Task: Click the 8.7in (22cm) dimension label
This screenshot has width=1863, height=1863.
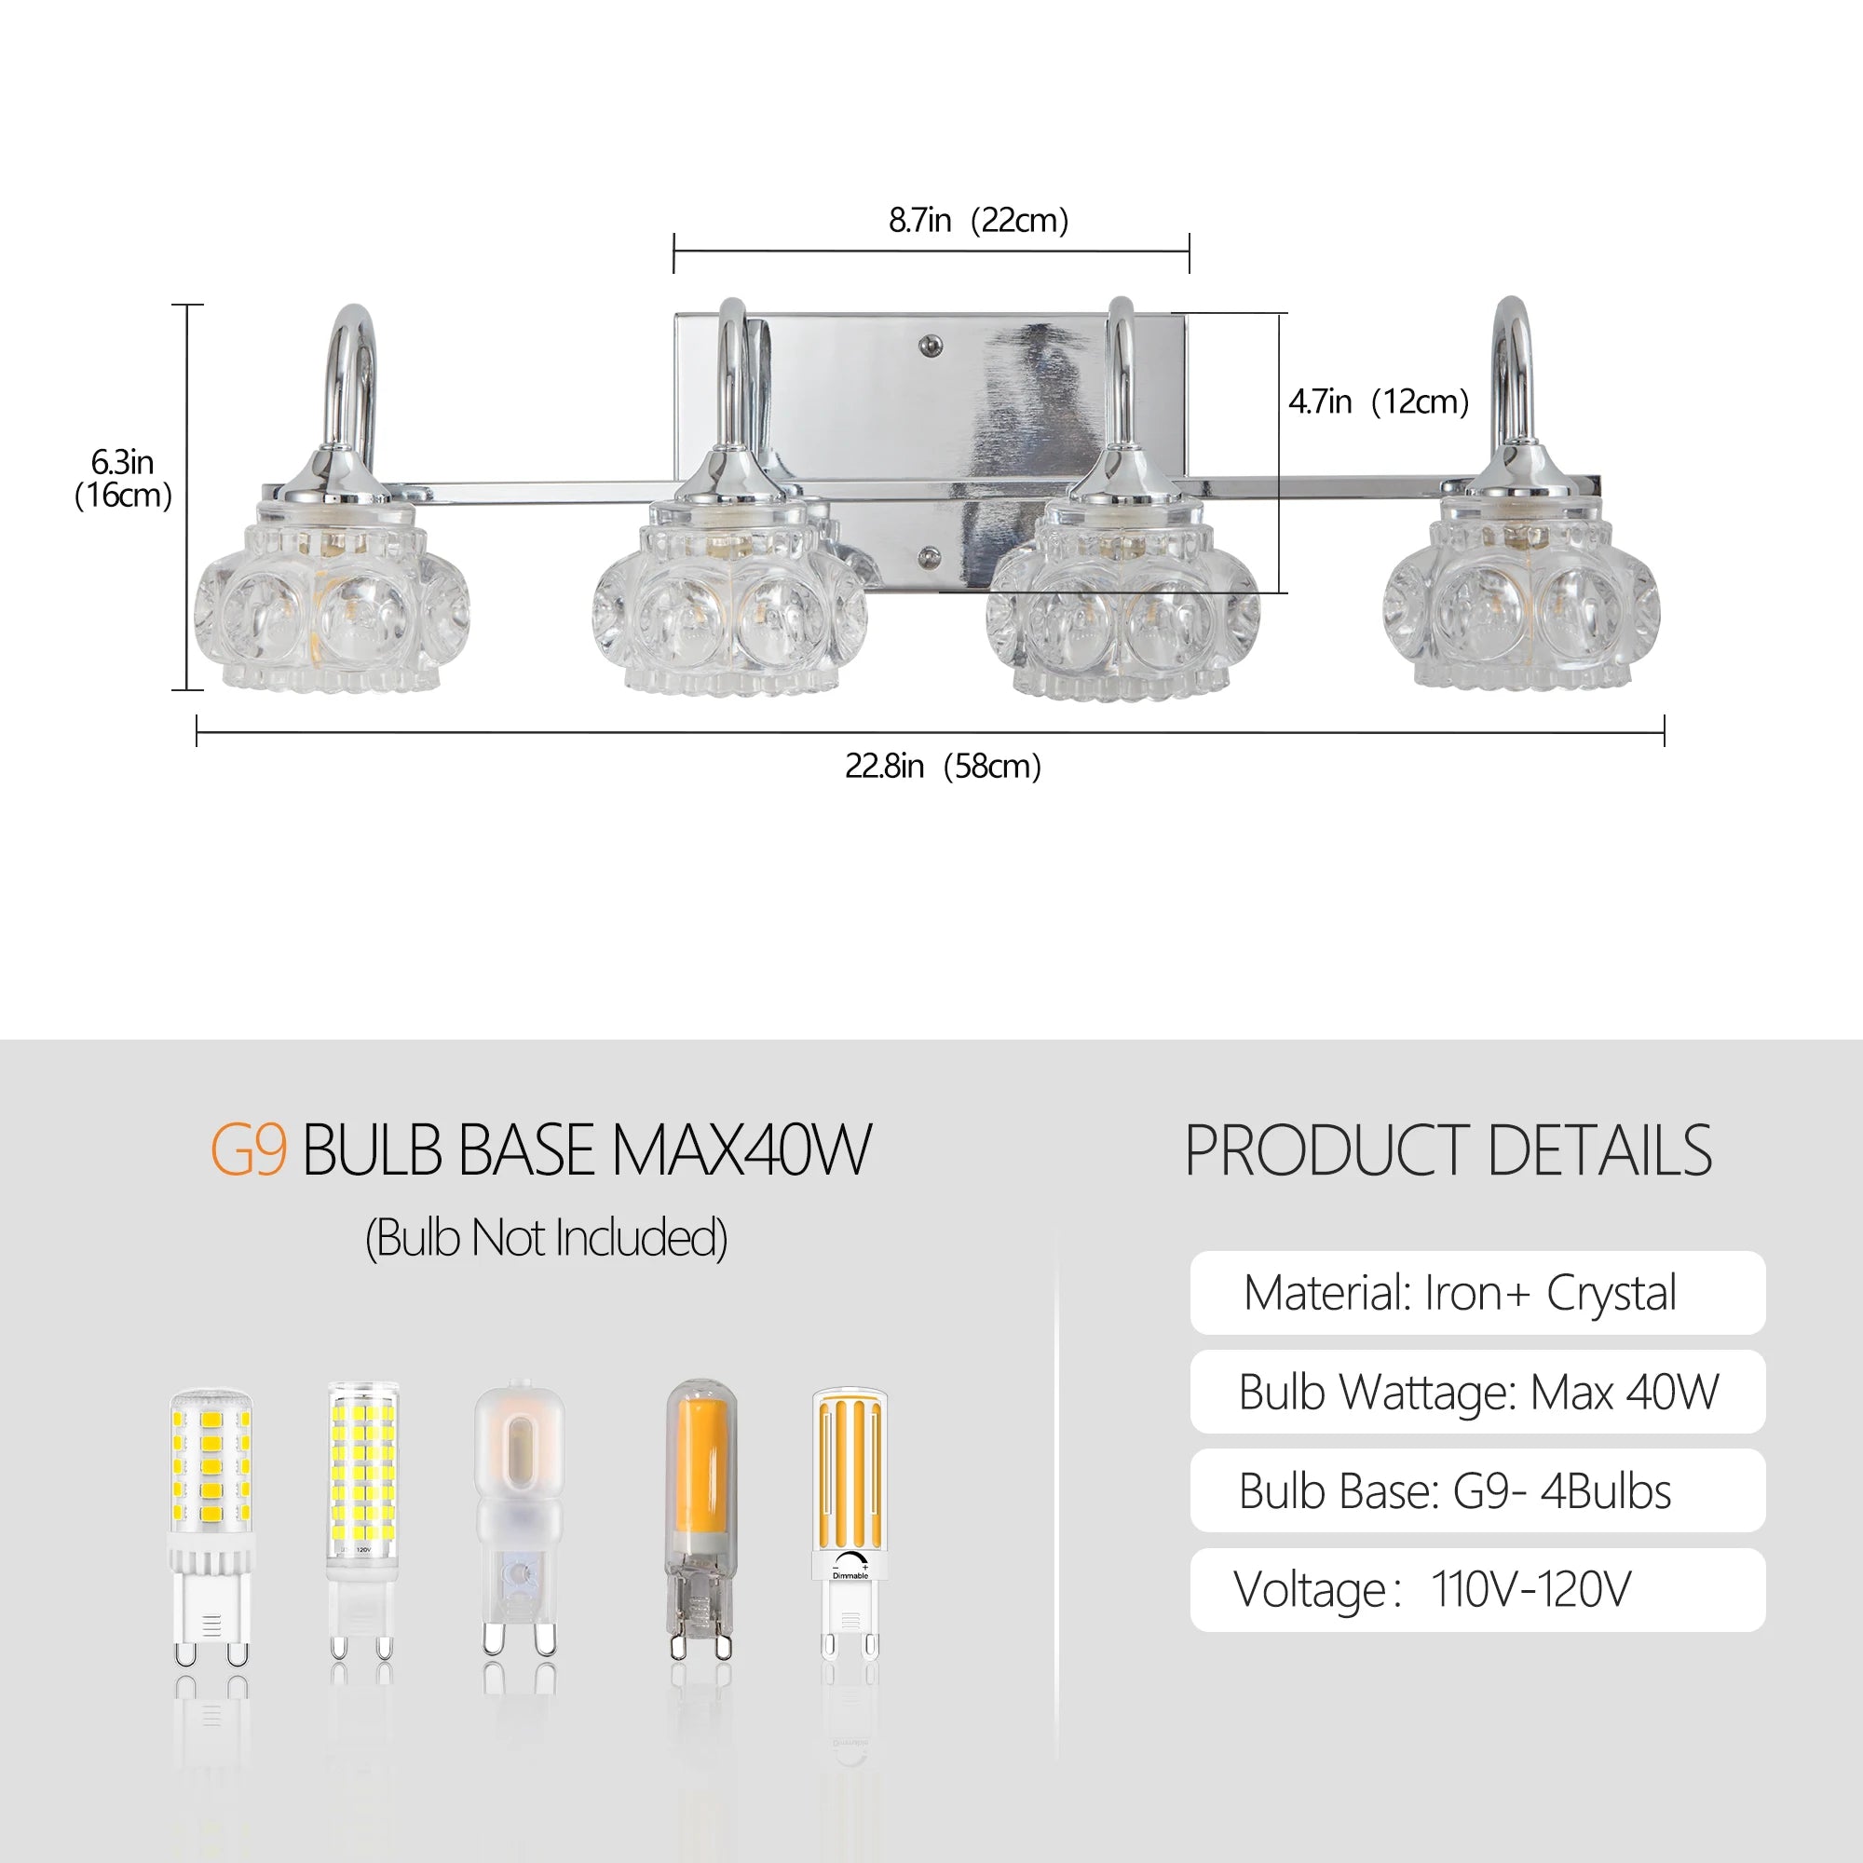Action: [978, 221]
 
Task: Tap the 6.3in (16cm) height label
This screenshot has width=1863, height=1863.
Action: [124, 478]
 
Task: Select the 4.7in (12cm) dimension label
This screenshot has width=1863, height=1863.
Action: [1379, 401]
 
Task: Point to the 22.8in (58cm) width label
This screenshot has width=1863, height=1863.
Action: [943, 766]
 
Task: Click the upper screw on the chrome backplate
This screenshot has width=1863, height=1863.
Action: [931, 346]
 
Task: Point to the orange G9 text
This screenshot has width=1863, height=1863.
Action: [249, 1150]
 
